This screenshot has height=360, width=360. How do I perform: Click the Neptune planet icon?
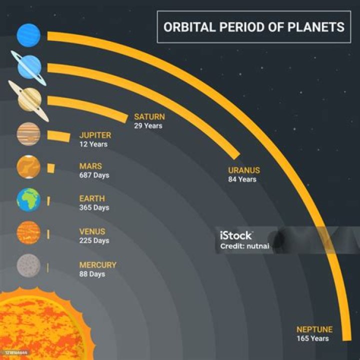28,35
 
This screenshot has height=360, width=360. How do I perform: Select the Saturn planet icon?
29,99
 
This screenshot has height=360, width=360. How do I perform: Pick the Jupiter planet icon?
28,134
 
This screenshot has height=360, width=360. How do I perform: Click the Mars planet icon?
28,167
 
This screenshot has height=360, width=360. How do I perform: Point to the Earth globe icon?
28,199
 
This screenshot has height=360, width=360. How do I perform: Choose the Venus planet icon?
28,233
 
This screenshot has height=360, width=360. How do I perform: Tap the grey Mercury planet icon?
28,266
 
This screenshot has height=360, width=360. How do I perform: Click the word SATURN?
149,116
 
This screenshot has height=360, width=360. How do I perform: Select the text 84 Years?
242,179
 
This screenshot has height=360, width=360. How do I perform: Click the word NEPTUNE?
314,329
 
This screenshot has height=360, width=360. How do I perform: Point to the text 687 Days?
94,175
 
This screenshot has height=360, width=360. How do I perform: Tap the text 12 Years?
93,144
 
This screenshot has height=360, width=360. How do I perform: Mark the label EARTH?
92,198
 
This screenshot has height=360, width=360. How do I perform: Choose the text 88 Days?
92,274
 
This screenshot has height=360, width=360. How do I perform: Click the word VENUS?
92,231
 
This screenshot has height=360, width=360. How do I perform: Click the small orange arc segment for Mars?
50,168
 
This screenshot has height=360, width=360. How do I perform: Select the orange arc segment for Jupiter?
58,135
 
